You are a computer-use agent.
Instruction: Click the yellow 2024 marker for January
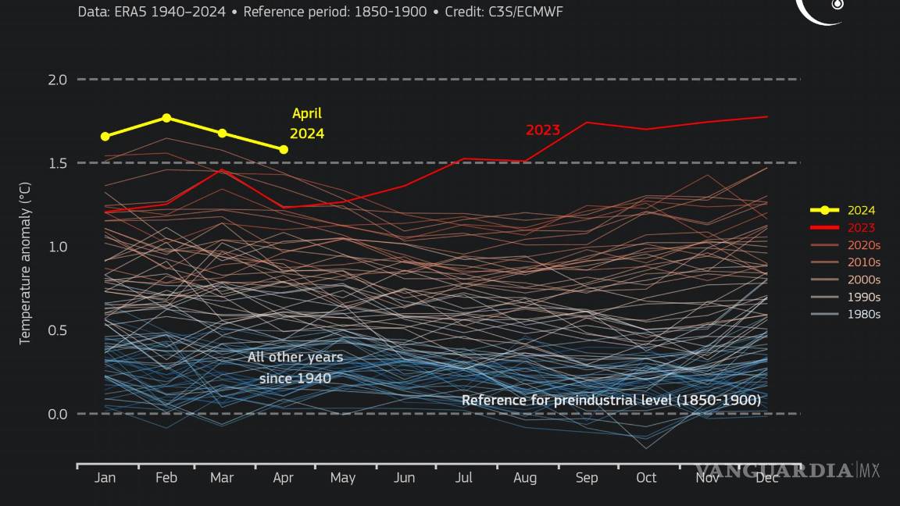[x=105, y=137]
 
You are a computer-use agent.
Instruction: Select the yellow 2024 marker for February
[x=166, y=118]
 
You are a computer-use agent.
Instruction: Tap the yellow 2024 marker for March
[x=223, y=134]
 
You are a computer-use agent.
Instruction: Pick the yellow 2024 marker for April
[x=284, y=149]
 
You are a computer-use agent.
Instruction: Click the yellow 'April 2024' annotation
[x=307, y=123]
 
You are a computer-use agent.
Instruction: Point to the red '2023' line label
[x=542, y=130]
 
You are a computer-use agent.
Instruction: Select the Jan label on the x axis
[x=105, y=478]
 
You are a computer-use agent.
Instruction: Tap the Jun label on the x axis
[x=405, y=478]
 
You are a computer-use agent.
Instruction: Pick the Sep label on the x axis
[x=586, y=478]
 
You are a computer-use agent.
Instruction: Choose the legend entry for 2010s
[x=863, y=262]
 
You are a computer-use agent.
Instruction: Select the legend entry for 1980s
[x=863, y=314]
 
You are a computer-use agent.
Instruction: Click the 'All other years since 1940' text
[x=295, y=368]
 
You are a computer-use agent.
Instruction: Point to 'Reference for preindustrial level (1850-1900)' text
[x=611, y=401]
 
